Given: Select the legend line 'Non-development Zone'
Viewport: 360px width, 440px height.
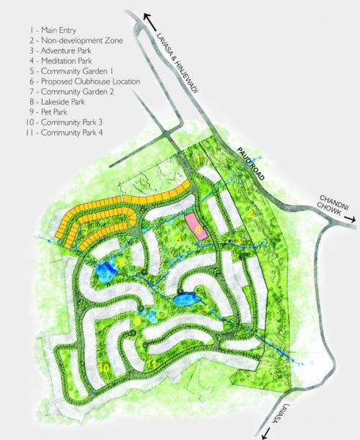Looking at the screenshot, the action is tap(67, 42).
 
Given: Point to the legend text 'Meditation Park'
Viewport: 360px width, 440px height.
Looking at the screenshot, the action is tap(56, 62).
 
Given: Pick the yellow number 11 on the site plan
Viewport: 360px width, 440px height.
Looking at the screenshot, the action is tap(150, 362).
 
